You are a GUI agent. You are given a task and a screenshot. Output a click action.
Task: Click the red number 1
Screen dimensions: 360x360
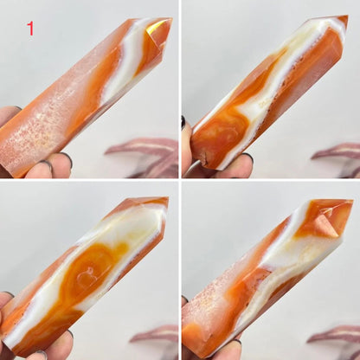[x=30, y=29]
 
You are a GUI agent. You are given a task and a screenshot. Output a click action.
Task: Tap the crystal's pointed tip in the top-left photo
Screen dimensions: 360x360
[x=172, y=19]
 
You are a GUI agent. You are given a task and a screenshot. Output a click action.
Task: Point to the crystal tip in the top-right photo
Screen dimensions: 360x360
[x=348, y=16]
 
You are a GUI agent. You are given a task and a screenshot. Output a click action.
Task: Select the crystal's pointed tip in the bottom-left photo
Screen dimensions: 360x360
[x=168, y=198]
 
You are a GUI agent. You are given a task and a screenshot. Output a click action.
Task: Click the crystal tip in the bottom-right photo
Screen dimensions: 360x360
[x=352, y=200]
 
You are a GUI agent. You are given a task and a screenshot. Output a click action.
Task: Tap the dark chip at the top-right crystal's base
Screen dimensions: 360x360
[x=204, y=160]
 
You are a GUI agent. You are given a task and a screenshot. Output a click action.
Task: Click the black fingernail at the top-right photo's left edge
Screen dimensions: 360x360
[x=183, y=122]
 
